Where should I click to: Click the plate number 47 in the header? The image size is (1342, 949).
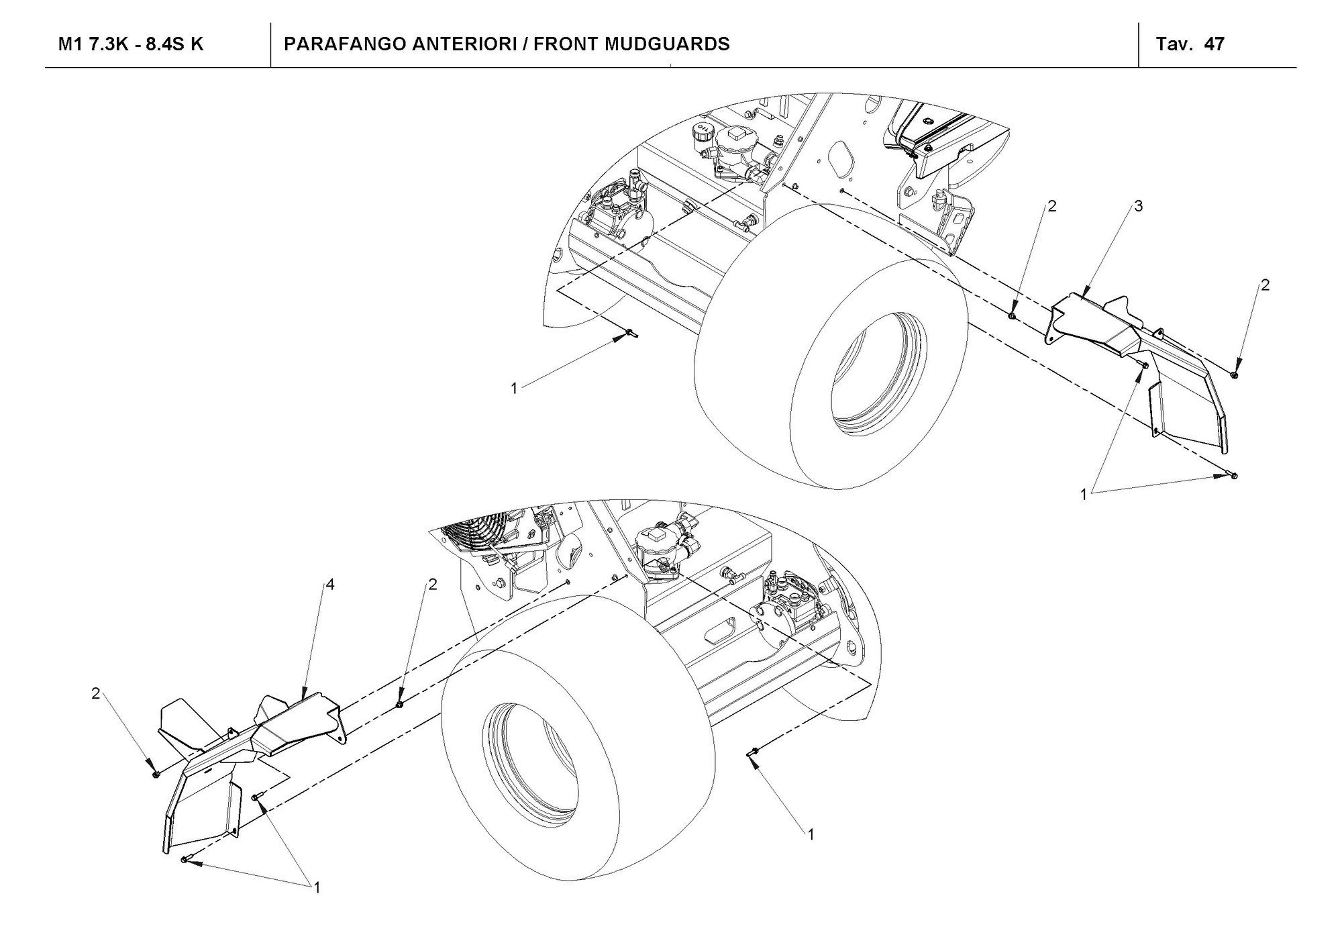(x=1214, y=44)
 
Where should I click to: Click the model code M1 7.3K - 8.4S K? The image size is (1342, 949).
(x=131, y=44)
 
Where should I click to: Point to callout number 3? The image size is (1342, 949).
(x=1138, y=206)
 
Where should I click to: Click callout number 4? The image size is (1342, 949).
(x=329, y=585)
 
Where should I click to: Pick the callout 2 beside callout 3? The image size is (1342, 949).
(x=1052, y=206)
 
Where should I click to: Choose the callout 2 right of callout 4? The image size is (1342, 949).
(x=433, y=585)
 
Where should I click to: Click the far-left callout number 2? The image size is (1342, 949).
(x=96, y=693)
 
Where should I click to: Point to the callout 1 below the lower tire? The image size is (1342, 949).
(x=811, y=834)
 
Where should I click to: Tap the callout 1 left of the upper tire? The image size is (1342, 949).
(x=514, y=389)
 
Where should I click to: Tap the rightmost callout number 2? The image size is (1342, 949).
(x=1265, y=285)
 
